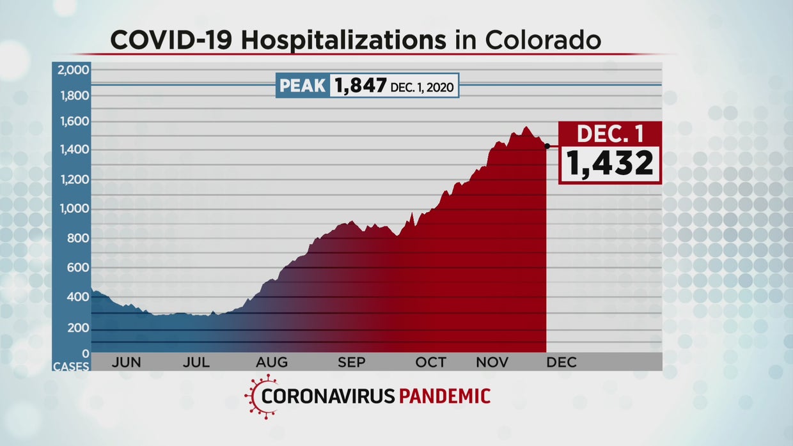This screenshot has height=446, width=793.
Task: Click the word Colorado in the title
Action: pos(543,40)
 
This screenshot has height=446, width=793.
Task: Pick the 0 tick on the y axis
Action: pos(84,353)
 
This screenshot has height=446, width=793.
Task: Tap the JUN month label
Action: pos(126,362)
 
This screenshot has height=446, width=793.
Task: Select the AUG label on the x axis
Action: pos(272,362)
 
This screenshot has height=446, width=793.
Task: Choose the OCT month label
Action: pos(430,362)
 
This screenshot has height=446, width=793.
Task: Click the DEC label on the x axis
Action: pos(561,362)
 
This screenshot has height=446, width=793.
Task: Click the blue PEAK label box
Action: pos(302,86)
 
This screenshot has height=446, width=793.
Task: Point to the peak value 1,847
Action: pos(359,86)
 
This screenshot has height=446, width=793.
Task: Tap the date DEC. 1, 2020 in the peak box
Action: pos(423,86)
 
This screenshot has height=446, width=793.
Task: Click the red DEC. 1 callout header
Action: pos(609,134)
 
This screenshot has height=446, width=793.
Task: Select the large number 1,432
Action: pos(609,164)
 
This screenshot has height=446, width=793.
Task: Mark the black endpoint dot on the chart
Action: pos(547,146)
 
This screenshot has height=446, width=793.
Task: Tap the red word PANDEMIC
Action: pos(444,396)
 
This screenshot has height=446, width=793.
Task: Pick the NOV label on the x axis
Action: pos(492,362)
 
